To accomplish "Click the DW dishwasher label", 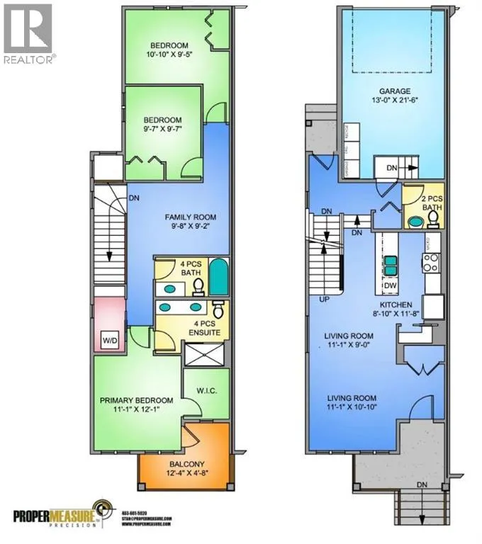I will [x=391, y=286].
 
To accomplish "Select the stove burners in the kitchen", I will [x=432, y=263].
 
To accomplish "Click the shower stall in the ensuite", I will [x=205, y=355].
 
